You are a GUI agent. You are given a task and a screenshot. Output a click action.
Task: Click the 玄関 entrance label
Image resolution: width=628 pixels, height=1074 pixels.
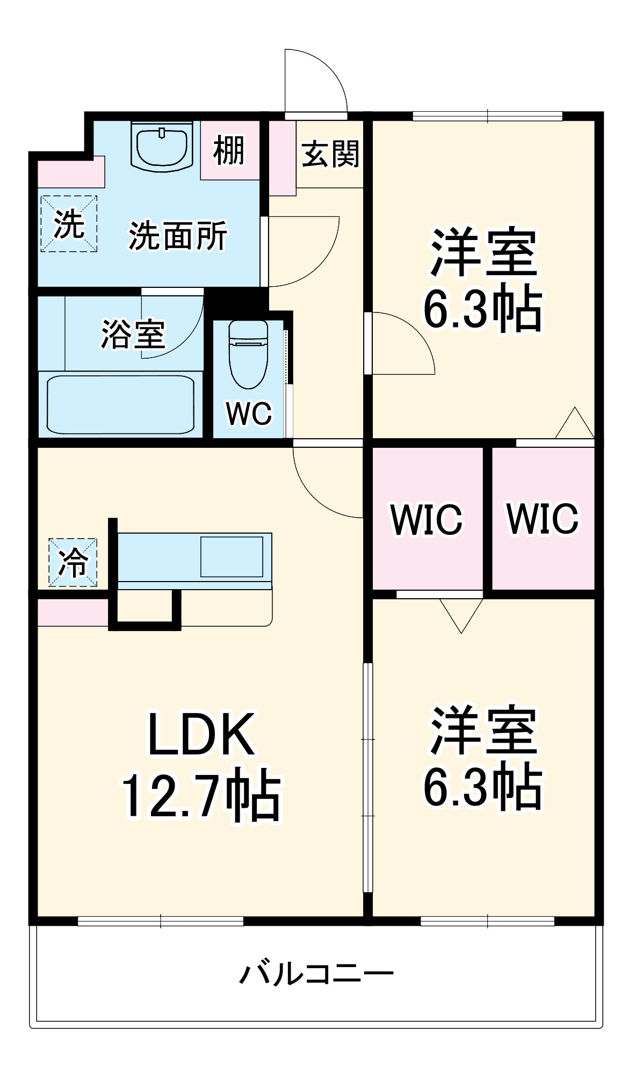[330, 154]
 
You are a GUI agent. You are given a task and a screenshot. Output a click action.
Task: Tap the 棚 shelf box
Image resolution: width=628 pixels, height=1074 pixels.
[229, 150]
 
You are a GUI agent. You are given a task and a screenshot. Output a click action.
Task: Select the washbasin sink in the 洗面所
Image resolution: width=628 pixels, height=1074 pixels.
[162, 146]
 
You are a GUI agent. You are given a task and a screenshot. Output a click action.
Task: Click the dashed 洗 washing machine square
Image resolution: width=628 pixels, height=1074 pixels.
[69, 224]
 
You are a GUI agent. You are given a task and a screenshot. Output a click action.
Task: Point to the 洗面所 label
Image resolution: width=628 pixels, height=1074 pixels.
[178, 236]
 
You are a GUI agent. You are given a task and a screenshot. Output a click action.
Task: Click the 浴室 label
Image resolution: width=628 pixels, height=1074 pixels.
[133, 334]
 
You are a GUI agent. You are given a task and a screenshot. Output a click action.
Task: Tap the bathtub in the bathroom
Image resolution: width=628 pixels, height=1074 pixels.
[120, 405]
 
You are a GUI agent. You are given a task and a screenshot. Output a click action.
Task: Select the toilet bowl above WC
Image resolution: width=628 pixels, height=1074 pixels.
[248, 354]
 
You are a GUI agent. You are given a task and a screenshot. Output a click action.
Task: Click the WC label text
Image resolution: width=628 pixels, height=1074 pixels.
[249, 413]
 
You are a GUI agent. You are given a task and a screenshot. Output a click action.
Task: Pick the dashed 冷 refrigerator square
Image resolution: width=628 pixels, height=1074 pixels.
[73, 562]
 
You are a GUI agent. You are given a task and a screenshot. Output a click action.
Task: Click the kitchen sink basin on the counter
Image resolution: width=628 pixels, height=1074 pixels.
[232, 556]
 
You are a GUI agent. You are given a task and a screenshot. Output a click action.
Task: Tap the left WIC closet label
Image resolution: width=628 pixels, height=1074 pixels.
[427, 519]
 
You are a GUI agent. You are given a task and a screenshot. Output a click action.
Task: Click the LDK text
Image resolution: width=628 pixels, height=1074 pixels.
[201, 734]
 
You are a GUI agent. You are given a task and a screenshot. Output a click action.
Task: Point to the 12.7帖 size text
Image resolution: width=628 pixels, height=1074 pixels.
[201, 796]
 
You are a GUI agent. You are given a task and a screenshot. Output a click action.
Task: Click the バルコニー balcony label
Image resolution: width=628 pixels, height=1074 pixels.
[316, 973]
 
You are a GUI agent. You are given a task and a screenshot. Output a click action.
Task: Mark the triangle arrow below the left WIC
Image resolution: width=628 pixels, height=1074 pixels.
[461, 614]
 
